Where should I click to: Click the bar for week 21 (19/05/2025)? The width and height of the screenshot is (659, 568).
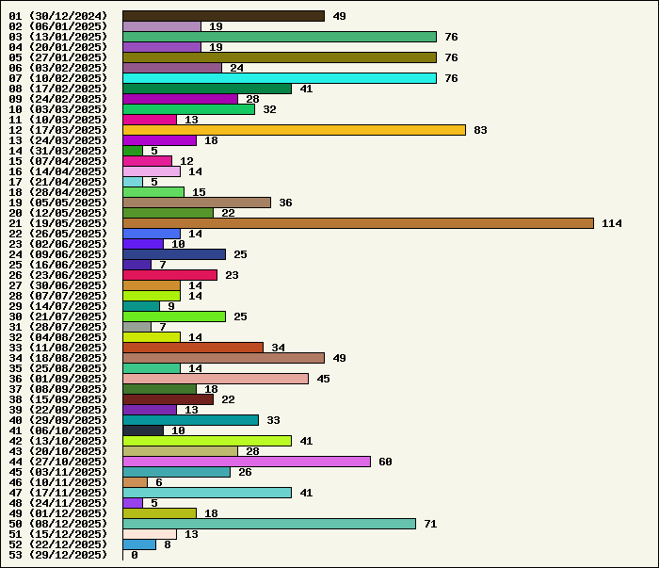[x=358, y=223]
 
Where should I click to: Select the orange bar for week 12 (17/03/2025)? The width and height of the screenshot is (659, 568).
[x=294, y=130]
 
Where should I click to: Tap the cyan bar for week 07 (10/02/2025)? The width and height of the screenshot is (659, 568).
[x=280, y=78]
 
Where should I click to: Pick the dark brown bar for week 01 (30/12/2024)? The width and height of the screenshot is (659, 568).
[x=223, y=16]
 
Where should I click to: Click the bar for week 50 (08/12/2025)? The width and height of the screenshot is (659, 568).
[x=269, y=524]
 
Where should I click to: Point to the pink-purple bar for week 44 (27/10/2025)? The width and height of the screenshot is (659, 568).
[x=247, y=462]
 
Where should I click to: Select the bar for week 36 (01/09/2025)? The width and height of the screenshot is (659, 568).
[x=216, y=379]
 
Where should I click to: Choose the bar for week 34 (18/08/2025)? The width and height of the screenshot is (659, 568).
[x=223, y=358]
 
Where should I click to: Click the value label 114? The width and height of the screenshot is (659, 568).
[x=612, y=223]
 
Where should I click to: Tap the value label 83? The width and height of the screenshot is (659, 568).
[x=480, y=130]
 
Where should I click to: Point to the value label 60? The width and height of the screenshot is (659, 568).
[x=385, y=462]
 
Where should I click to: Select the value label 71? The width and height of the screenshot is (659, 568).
[x=430, y=524]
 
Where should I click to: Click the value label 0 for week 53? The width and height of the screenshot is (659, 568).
[x=135, y=555]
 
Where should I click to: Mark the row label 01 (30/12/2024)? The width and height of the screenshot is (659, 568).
[x=58, y=16]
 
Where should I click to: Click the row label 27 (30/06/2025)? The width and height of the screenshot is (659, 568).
[x=58, y=285]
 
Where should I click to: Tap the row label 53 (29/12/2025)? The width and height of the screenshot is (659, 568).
[x=58, y=555]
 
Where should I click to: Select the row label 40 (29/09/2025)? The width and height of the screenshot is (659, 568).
[x=58, y=420]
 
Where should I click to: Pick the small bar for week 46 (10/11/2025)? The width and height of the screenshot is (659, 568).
[x=135, y=482]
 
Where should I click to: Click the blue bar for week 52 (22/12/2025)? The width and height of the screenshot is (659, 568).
[x=139, y=544]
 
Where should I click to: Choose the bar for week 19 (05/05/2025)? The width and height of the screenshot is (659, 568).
[x=197, y=203]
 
